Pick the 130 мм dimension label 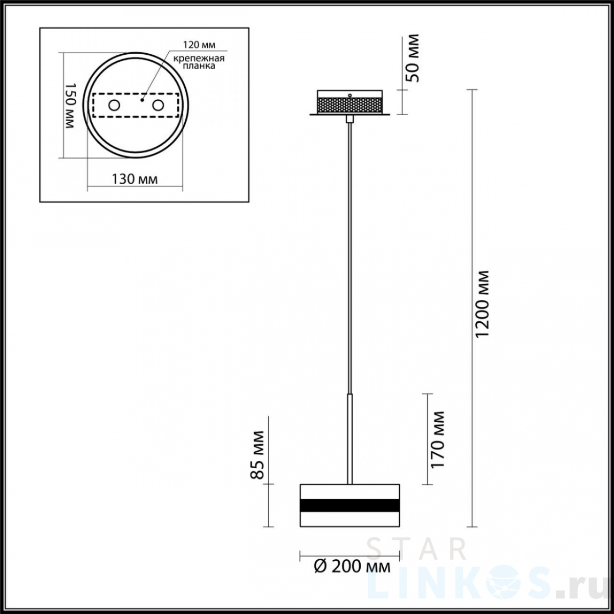135,180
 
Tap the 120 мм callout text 199,45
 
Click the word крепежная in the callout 199,59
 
